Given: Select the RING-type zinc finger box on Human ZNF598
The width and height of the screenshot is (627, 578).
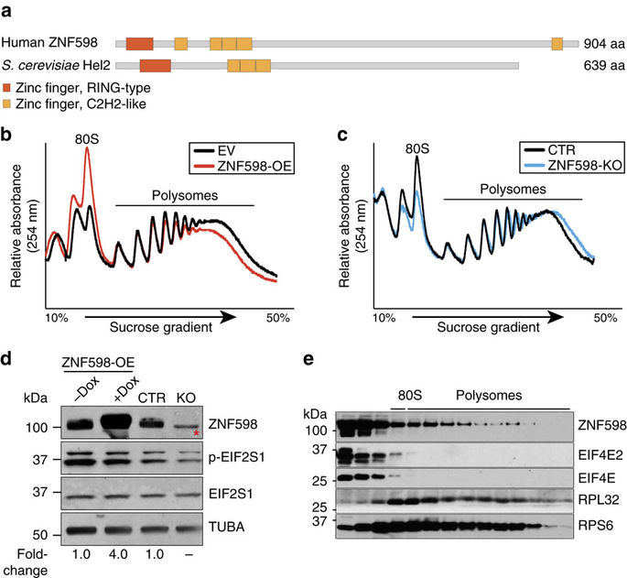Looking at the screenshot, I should (x=139, y=43).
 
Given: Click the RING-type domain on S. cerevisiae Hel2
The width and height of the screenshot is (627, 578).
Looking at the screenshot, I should (x=155, y=66).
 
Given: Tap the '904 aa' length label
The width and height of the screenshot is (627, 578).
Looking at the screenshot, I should (x=604, y=44).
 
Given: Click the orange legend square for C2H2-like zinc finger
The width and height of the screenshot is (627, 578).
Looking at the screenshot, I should (x=8, y=104).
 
